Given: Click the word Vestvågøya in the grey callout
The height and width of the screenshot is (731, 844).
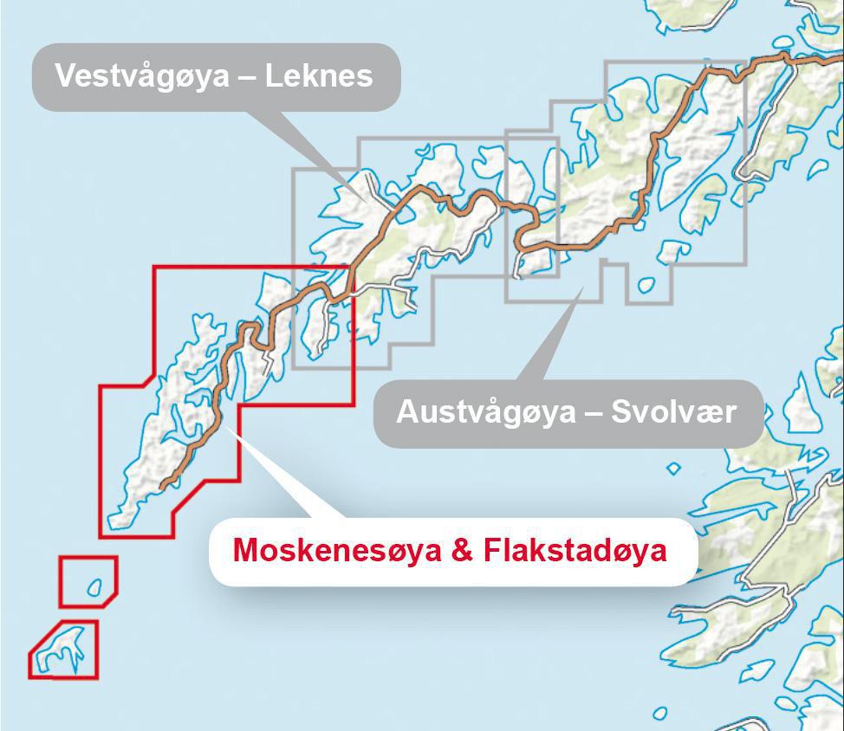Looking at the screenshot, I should [x=142, y=76].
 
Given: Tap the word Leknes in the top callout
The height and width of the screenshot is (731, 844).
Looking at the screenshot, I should [x=319, y=76].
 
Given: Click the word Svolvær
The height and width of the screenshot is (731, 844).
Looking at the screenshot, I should [x=673, y=411].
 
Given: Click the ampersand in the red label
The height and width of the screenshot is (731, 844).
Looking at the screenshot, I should [x=464, y=550].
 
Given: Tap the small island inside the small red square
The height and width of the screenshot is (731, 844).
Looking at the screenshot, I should [x=94, y=588].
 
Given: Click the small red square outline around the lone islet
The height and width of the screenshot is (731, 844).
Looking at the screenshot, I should [x=61, y=581].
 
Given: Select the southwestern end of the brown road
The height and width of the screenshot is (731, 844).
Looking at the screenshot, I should [x=162, y=487].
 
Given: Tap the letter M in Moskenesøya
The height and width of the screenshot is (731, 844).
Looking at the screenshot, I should [x=246, y=550].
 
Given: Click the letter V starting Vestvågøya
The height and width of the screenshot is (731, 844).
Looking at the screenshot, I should [x=64, y=76].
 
